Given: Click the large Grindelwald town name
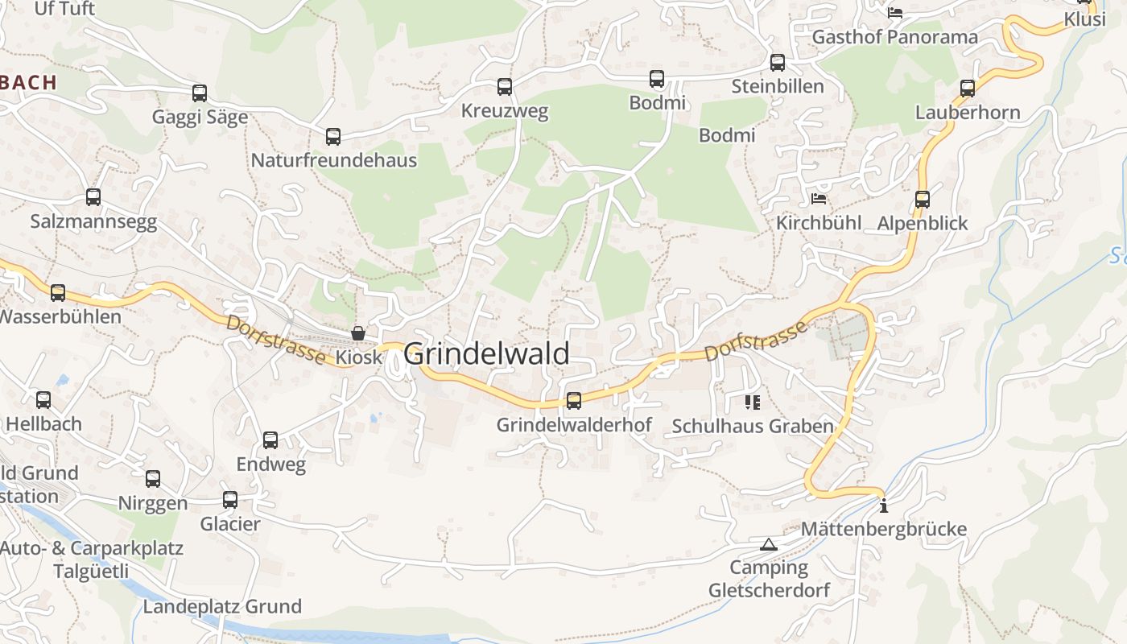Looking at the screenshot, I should pos(486,354).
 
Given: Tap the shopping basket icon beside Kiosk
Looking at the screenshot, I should pos(358,332).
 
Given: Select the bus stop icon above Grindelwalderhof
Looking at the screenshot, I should pos(574,400).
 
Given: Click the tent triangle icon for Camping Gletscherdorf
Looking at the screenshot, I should pos(769,545).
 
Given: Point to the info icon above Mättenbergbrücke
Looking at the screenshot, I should pos(884,506).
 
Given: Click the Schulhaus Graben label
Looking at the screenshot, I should pos(752,426).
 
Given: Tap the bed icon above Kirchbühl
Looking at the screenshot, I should pos(819,198).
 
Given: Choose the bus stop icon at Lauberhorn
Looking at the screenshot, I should pos(968,88).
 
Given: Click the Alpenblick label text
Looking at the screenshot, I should pos(923,223).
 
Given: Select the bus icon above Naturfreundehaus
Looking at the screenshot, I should pos(333,136).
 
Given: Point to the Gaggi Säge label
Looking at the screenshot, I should pos(200,118).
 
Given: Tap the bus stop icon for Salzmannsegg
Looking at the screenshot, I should pos(93,196).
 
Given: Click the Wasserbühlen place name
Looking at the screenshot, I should pos(60,316).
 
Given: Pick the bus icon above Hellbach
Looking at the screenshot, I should pos(43,399).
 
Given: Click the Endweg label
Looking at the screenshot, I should pos(270,464).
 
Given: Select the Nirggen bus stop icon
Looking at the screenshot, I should pos(153,479).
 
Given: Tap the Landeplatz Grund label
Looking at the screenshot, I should pos(222,606).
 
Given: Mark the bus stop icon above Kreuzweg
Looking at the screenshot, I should pos(505,86).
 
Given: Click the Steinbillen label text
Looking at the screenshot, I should pos(778,86).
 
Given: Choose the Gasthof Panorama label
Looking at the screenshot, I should pos(894,37).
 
